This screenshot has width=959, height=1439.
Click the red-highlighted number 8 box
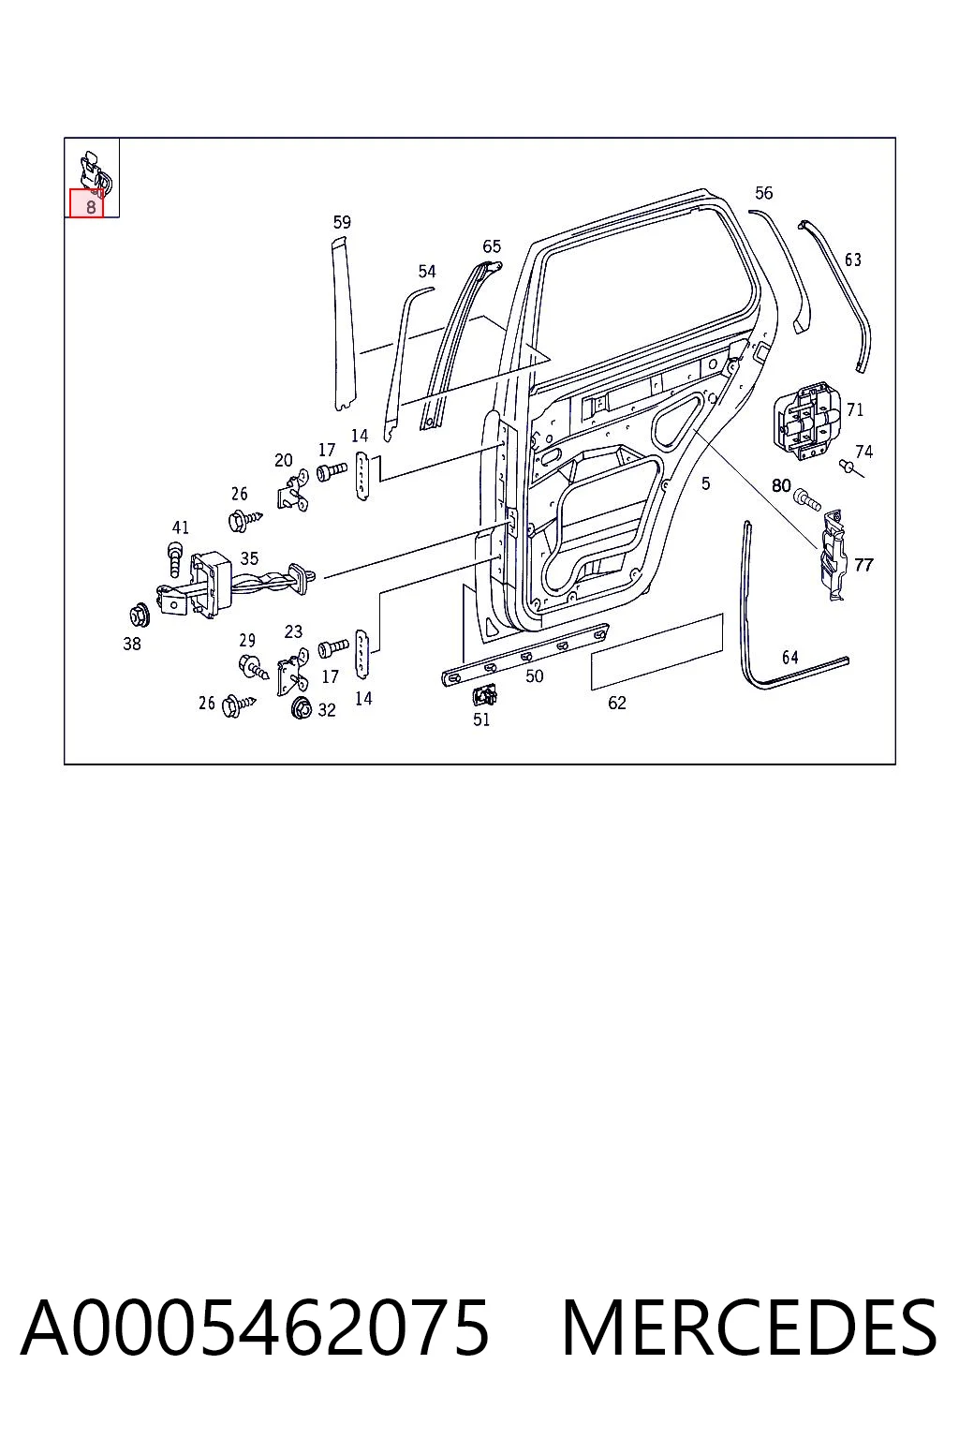tap(87, 203)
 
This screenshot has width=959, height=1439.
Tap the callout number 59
tap(342, 222)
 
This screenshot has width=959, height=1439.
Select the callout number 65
tap(492, 246)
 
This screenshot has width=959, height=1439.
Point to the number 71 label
tap(855, 409)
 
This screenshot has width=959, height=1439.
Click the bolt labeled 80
tap(807, 498)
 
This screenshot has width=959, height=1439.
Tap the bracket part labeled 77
tap(834, 554)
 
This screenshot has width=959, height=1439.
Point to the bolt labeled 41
tap(175, 559)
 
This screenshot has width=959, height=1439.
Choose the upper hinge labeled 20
tap(293, 490)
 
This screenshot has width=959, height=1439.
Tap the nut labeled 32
tap(301, 708)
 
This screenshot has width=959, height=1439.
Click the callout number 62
tap(616, 703)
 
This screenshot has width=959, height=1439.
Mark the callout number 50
tap(535, 675)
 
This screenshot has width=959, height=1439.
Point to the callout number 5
tap(706, 483)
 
